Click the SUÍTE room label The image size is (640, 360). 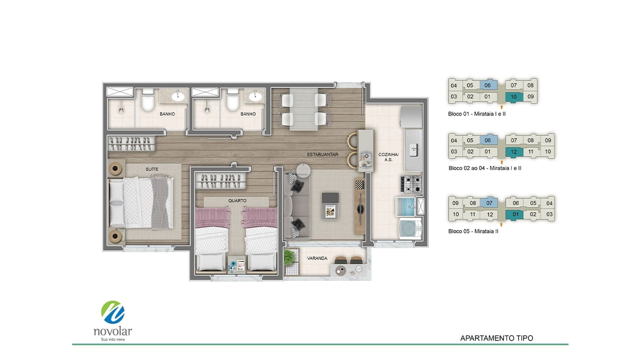pos(151,169)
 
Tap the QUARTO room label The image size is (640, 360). pos(237,200)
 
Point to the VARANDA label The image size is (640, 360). pos(317,258)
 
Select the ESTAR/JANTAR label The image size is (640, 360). pos(322,154)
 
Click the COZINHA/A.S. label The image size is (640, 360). pos(388,157)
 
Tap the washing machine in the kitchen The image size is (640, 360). pos(410,228)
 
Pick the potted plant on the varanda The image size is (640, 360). pos(290,256)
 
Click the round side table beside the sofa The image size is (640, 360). pos(303,170)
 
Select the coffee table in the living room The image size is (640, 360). pos(330,205)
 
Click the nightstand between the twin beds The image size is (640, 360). pos(237,265)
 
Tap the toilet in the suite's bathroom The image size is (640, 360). pos(148,100)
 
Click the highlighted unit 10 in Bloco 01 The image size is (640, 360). pos(513,97)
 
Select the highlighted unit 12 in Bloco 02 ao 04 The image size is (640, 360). pos(514,152)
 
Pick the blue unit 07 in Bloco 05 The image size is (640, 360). pos(489,203)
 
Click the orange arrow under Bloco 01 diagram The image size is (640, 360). pos(501,106)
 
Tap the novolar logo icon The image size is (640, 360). pos(113,312)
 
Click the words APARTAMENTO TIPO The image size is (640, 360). pos(496,338)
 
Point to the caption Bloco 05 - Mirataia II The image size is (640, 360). pos(473,231)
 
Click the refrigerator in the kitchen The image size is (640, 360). pos(411,116)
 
